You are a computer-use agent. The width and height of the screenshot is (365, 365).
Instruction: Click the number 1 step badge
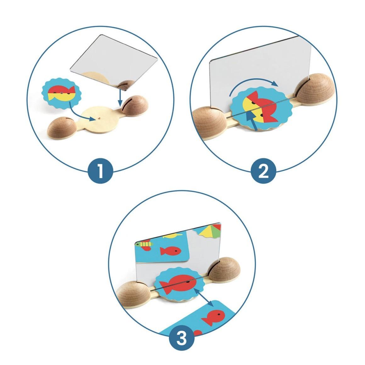100,171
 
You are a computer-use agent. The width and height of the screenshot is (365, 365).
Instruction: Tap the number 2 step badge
263,171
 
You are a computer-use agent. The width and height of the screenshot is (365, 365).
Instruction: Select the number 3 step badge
182,338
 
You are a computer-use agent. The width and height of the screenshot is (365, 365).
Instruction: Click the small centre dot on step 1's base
99,118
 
